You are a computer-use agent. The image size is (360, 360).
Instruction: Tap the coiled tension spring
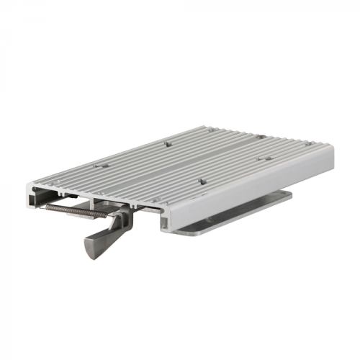(72, 210)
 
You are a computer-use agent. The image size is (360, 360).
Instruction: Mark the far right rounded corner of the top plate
(332, 145)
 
